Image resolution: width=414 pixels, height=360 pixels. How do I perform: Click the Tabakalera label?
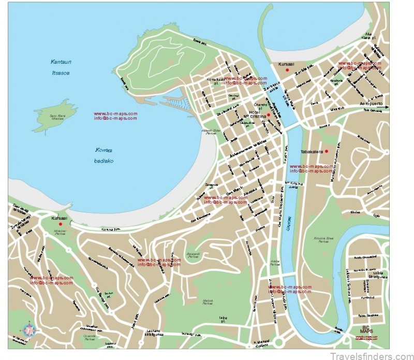point(312,152)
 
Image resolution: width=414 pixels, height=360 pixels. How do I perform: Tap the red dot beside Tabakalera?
point(327,151)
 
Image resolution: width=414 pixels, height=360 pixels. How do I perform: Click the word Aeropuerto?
point(371,104)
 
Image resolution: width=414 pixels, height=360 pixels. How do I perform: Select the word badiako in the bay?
point(104,161)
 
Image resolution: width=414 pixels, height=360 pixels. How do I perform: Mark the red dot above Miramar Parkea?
point(60,224)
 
